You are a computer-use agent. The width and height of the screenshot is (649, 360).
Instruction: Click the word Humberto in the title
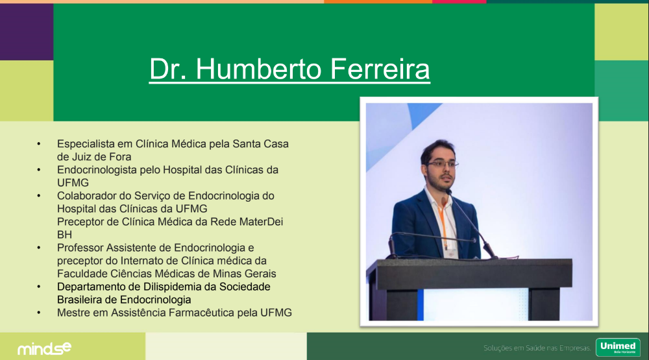[258, 69]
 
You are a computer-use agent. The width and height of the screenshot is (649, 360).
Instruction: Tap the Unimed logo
[618, 347]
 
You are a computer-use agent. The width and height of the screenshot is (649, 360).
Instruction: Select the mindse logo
[44, 349]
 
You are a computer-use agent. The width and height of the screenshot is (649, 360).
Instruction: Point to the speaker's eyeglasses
[442, 164]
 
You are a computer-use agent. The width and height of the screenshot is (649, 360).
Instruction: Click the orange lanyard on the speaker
[443, 226]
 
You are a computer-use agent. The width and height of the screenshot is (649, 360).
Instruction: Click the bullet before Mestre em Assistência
[39, 313]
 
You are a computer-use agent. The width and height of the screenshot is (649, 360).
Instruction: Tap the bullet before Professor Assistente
[39, 248]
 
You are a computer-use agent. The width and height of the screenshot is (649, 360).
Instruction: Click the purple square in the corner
[27, 32]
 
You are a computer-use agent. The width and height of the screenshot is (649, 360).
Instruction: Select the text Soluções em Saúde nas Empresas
[537, 348]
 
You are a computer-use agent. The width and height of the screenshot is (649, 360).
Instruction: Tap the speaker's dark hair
[437, 149]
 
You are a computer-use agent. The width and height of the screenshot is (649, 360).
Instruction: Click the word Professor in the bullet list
[80, 248]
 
